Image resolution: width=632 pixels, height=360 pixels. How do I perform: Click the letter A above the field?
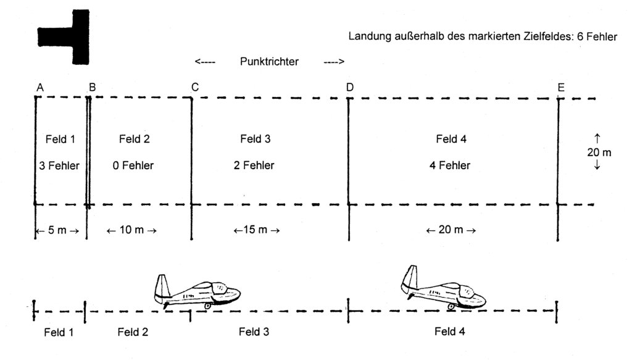click(x=40, y=88)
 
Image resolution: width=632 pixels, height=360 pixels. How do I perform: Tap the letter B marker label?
click(x=93, y=88)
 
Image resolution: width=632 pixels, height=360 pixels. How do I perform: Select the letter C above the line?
click(x=195, y=88)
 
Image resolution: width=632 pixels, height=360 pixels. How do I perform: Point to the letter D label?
click(x=350, y=88)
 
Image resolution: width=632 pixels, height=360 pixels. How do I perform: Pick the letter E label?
click(x=561, y=88)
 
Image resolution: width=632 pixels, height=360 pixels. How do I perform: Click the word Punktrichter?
click(x=269, y=62)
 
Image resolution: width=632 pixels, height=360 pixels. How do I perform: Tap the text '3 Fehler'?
click(x=59, y=165)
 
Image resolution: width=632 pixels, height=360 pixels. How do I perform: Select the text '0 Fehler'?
click(x=133, y=165)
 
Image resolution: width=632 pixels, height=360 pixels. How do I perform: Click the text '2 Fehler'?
click(x=254, y=165)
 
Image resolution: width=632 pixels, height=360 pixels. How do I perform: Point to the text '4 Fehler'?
click(x=450, y=165)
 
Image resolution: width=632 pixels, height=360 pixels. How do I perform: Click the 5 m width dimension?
click(x=57, y=230)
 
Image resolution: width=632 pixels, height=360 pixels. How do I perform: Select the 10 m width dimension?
click(x=131, y=230)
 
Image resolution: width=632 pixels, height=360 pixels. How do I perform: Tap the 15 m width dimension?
click(x=256, y=230)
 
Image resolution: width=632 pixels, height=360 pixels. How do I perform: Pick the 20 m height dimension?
click(x=599, y=152)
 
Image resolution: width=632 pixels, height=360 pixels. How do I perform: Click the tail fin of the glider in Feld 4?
click(x=410, y=277)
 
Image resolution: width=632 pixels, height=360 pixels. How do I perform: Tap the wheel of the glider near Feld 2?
click(x=207, y=306)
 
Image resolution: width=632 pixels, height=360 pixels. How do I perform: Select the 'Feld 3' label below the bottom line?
click(x=254, y=332)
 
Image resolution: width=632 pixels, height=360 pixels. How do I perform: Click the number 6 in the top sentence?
click(x=580, y=36)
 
